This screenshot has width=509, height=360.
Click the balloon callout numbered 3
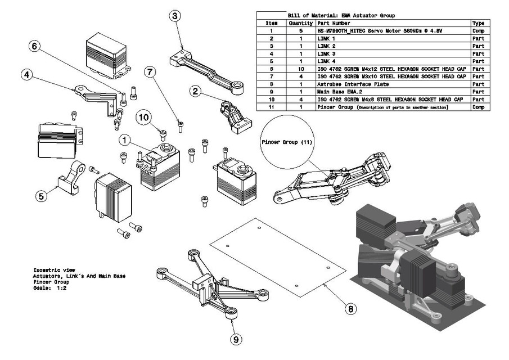tap(175, 16)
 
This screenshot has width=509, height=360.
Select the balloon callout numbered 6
tap(34, 47)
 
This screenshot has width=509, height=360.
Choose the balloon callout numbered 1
tap(124, 139)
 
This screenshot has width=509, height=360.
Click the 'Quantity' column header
tap(300, 24)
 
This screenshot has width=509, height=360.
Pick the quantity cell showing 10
tap(300, 69)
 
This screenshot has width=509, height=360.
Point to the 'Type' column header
tap(479, 24)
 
